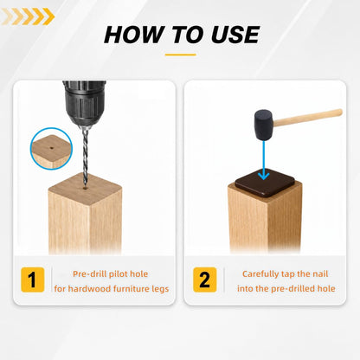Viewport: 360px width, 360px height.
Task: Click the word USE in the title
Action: coord(235,35)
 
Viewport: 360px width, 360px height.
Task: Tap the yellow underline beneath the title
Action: coord(181,55)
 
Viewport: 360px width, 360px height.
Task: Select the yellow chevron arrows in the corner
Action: coord(28,16)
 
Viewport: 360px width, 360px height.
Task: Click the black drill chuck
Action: coord(85,103)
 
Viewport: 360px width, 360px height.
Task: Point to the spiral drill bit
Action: coord(85,158)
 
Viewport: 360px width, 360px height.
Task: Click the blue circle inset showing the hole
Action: coord(51,149)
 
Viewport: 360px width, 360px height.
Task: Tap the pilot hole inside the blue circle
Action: coord(52,148)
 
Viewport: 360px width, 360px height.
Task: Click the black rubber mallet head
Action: coord(264,125)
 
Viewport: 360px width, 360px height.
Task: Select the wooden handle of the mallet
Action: coord(308,118)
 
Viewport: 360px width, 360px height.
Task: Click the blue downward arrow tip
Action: coord(263,176)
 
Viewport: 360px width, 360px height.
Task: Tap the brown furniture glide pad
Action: coord(265,183)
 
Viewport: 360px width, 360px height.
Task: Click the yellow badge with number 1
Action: coord(33,280)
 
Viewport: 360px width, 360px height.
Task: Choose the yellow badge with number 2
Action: coord(205,280)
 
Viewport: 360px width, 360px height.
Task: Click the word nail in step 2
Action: coord(320,273)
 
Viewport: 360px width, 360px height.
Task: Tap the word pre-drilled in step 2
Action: coord(292,289)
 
